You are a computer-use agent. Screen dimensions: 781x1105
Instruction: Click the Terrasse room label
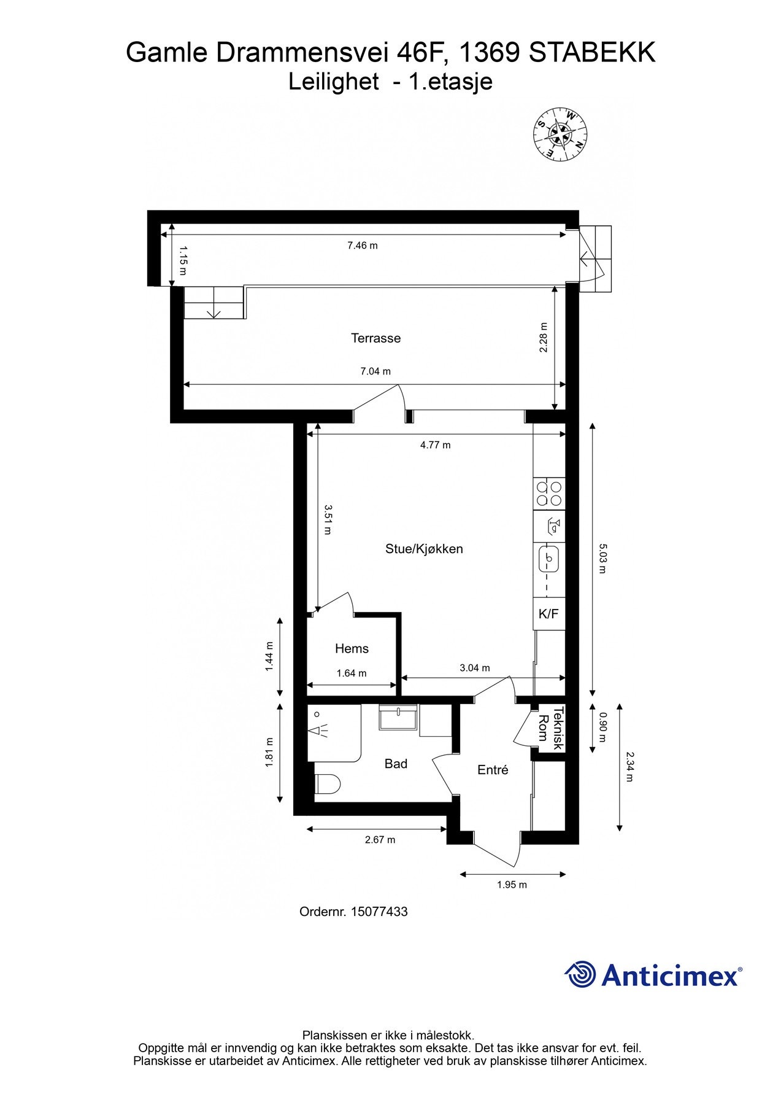pyautogui.click(x=375, y=338)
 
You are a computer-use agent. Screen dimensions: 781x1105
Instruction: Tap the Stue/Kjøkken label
pyautogui.click(x=424, y=549)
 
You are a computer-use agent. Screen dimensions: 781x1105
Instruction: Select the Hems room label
pyautogui.click(x=352, y=648)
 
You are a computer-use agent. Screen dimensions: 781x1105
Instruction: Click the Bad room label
pyautogui.click(x=396, y=764)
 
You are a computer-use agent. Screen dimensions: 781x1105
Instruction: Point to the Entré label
pyautogui.click(x=493, y=770)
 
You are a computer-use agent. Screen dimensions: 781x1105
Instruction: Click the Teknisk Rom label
pyautogui.click(x=550, y=728)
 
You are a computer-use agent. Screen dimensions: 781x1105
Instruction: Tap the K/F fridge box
pyautogui.click(x=549, y=613)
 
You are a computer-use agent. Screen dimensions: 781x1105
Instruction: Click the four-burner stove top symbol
pyautogui.click(x=549, y=494)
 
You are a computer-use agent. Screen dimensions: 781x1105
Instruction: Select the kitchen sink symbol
pyautogui.click(x=549, y=558)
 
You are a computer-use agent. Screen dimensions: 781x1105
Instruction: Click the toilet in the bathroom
pyautogui.click(x=328, y=785)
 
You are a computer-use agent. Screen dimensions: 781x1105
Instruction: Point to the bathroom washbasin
pyautogui.click(x=399, y=717)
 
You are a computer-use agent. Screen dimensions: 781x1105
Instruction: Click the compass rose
pyautogui.click(x=560, y=133)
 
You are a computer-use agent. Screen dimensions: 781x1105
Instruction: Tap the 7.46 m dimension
pyautogui.click(x=363, y=246)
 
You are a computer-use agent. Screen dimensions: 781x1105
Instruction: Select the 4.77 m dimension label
pyautogui.click(x=435, y=445)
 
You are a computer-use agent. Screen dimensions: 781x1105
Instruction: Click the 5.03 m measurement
pyautogui.click(x=602, y=558)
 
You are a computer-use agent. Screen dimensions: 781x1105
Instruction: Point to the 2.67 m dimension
pyautogui.click(x=380, y=840)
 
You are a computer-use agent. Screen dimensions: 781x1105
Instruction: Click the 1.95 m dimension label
pyautogui.click(x=512, y=885)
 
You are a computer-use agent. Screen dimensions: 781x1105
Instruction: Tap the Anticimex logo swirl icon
pyautogui.click(x=580, y=974)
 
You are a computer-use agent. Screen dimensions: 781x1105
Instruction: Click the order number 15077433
pyautogui.click(x=379, y=912)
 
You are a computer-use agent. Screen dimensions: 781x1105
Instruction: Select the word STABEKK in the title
pyautogui.click(x=592, y=53)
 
